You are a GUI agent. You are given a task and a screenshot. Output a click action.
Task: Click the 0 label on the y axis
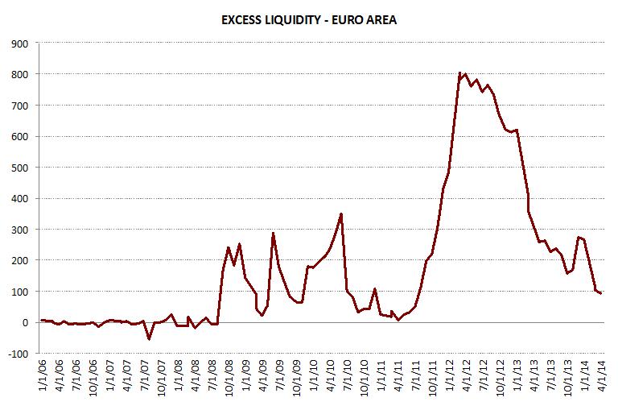(x=25, y=322)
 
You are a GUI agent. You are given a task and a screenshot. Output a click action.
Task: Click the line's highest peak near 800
(x=459, y=73)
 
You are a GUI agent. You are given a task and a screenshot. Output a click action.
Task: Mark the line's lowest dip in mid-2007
(x=149, y=339)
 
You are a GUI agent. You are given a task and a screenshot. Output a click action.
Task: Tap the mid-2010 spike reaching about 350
(x=341, y=214)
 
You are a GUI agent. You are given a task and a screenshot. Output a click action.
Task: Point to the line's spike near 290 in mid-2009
(x=273, y=233)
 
